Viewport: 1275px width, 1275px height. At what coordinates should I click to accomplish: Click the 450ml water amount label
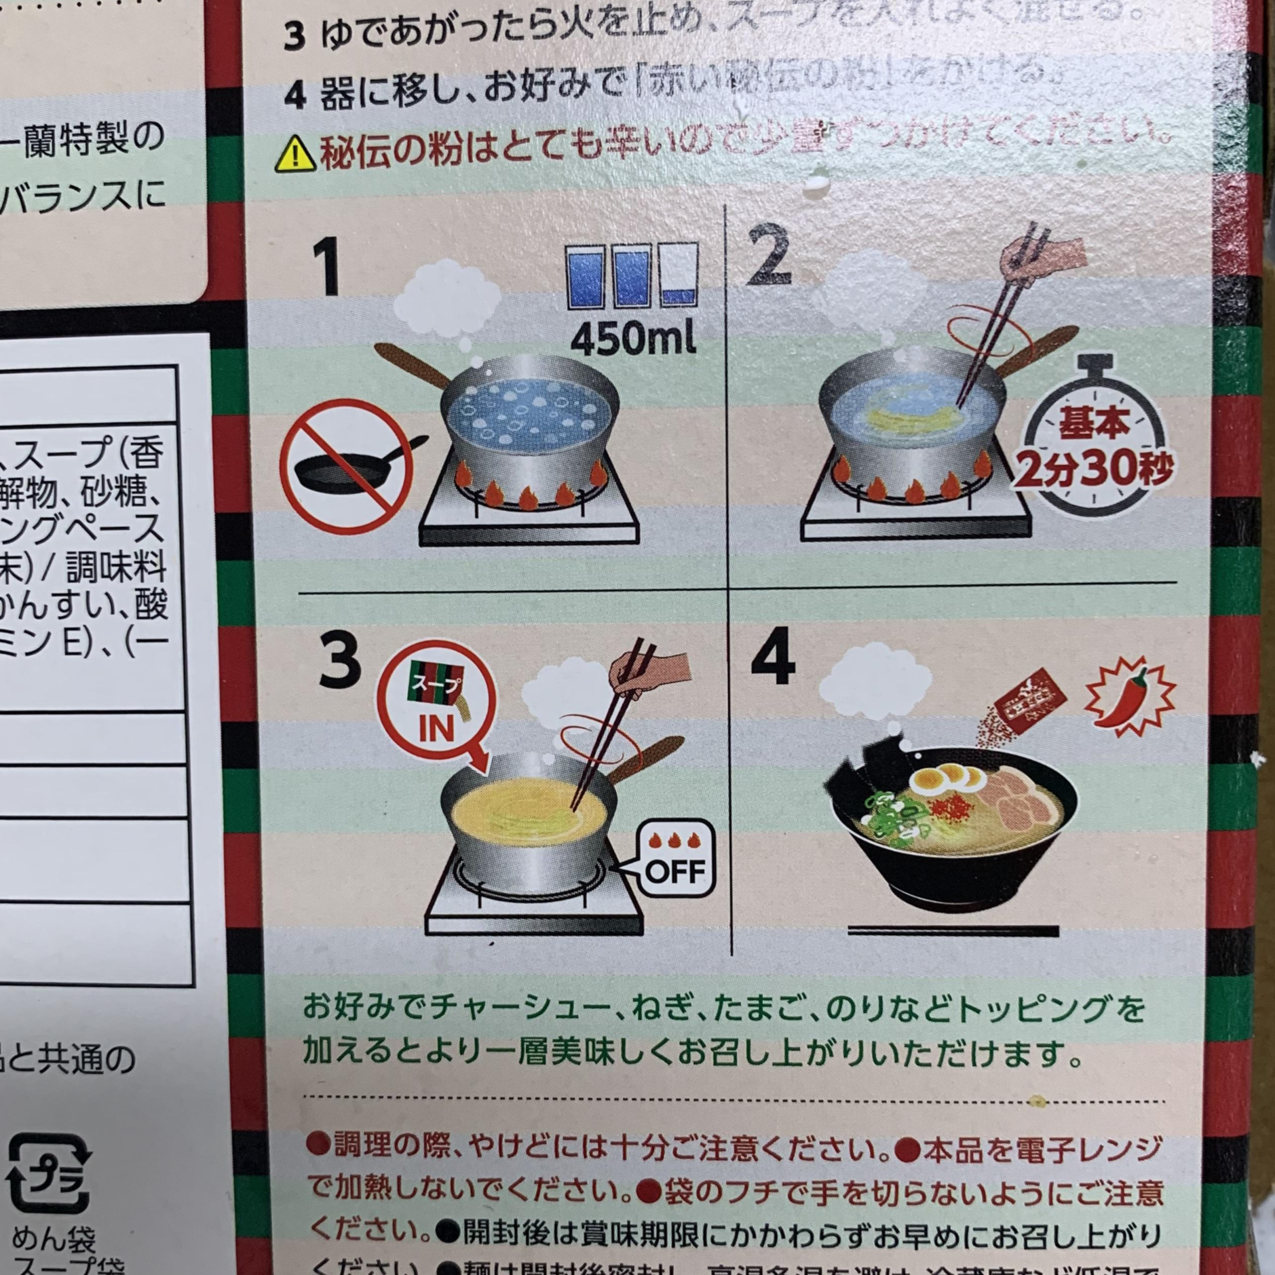click(632, 337)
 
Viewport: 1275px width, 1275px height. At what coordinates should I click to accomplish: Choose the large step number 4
click(773, 656)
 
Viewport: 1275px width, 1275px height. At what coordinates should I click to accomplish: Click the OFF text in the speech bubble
click(675, 871)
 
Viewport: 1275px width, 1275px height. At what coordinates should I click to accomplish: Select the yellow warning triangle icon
click(295, 154)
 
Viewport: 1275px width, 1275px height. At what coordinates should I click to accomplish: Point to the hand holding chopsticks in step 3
click(649, 672)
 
